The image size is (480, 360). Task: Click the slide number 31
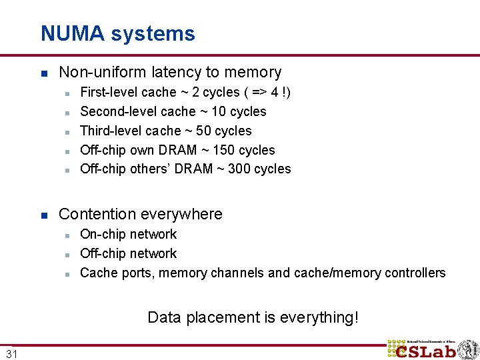pos(12,353)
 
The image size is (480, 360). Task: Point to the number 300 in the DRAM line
pos(239,169)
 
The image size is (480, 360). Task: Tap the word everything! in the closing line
pos(319,317)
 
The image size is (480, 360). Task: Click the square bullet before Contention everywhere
pos(43,215)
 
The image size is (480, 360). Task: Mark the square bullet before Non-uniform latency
pos(43,73)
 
